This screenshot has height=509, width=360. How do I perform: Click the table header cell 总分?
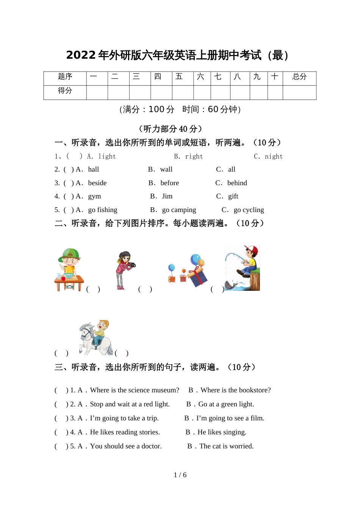[299, 77]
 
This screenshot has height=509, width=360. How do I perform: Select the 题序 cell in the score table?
[65, 77]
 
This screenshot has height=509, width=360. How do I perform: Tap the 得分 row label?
[65, 91]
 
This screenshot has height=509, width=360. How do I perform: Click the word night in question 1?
[274, 156]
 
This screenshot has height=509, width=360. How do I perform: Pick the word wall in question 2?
[166, 169]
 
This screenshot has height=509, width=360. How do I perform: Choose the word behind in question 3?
[237, 183]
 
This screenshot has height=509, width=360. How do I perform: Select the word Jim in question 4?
[167, 196]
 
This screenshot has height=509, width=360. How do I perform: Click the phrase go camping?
[179, 210]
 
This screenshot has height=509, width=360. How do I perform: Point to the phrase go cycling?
[249, 210]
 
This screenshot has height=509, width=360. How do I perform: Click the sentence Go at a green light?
[226, 404]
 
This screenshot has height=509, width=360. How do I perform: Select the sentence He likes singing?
[222, 432]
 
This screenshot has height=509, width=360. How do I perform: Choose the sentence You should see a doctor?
[126, 446]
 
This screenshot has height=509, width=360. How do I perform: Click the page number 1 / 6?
[180, 475]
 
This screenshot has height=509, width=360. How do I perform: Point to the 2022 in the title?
[81, 55]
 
